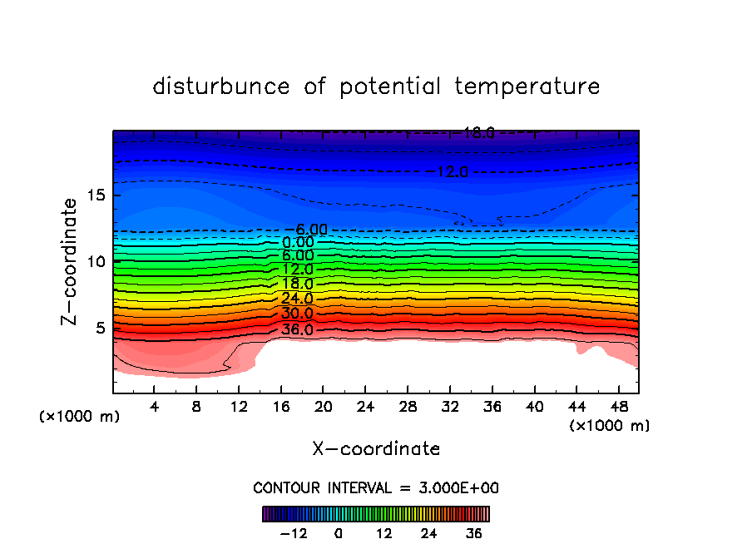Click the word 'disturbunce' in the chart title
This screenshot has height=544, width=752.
click(222, 87)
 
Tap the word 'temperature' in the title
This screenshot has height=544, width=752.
click(527, 87)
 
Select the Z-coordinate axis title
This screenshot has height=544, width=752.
click(70, 261)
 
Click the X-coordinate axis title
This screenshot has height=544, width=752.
click(376, 449)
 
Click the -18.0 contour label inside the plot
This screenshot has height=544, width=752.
click(473, 132)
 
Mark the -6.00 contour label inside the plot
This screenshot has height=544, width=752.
click(306, 230)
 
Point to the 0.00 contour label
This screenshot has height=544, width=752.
click(297, 242)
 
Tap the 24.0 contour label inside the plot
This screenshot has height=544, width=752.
click(297, 299)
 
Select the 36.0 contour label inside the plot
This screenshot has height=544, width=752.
click(297, 329)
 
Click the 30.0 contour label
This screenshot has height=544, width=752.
click(297, 314)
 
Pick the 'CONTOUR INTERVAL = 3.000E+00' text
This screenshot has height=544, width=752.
click(376, 487)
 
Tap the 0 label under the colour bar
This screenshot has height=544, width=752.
click(339, 533)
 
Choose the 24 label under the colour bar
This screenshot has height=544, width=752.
click(429, 533)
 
